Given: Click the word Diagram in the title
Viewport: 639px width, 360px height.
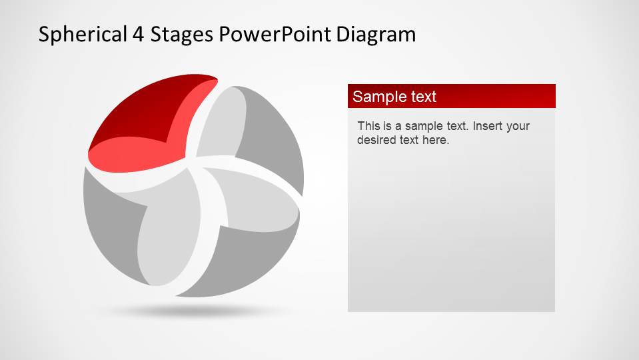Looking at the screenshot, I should pos(376,35).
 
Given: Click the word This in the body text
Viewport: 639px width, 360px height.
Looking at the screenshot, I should pos(368,126).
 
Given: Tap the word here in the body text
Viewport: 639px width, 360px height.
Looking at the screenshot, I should pos(436,141).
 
